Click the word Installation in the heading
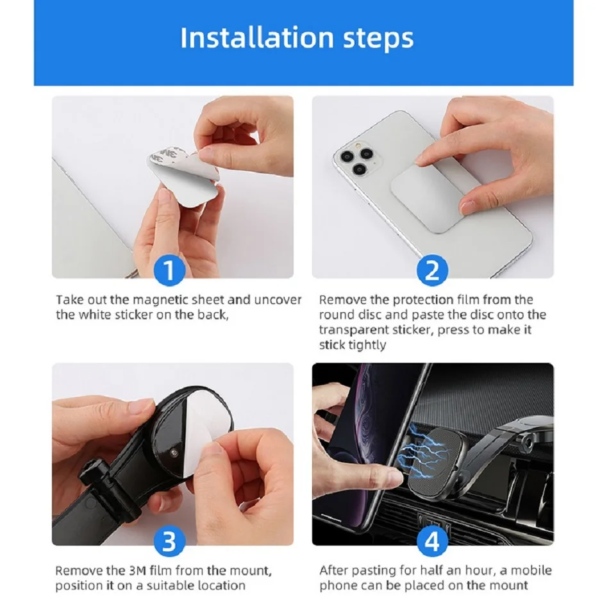coord(256,38)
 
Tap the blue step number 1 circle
coord(169,270)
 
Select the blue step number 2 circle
coord(432,270)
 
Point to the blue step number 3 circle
coord(169,540)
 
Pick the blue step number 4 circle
coord(432,540)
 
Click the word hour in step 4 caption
coord(481,571)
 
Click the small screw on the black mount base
coord(173,453)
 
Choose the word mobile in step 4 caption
coord(531,571)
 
